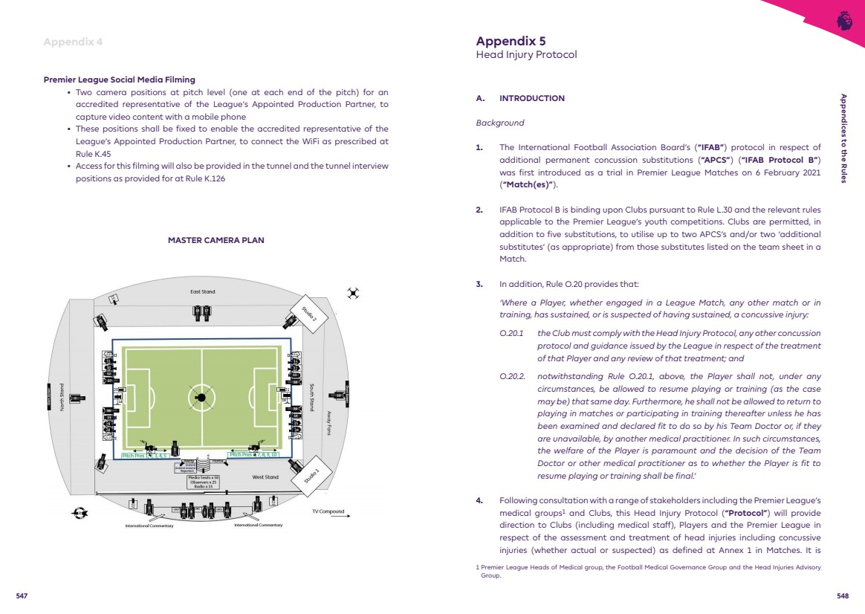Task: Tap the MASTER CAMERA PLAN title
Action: (216, 240)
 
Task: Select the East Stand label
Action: (202, 291)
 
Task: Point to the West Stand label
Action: (265, 477)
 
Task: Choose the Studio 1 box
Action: (311, 474)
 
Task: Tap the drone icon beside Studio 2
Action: (353, 294)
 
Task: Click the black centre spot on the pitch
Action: (201, 398)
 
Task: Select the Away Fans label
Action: (329, 423)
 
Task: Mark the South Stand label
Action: (312, 397)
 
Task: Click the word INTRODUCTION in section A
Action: (532, 98)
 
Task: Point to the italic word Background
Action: (499, 123)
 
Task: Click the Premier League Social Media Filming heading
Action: (120, 80)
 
